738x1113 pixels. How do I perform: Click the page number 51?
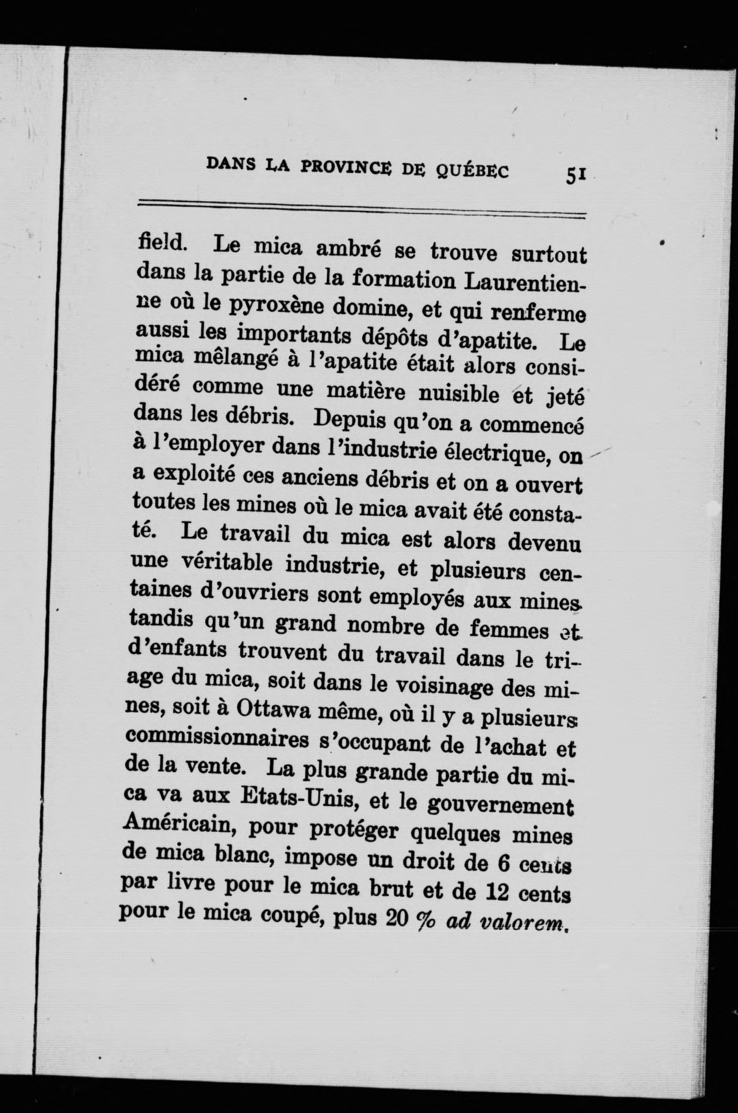click(576, 176)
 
